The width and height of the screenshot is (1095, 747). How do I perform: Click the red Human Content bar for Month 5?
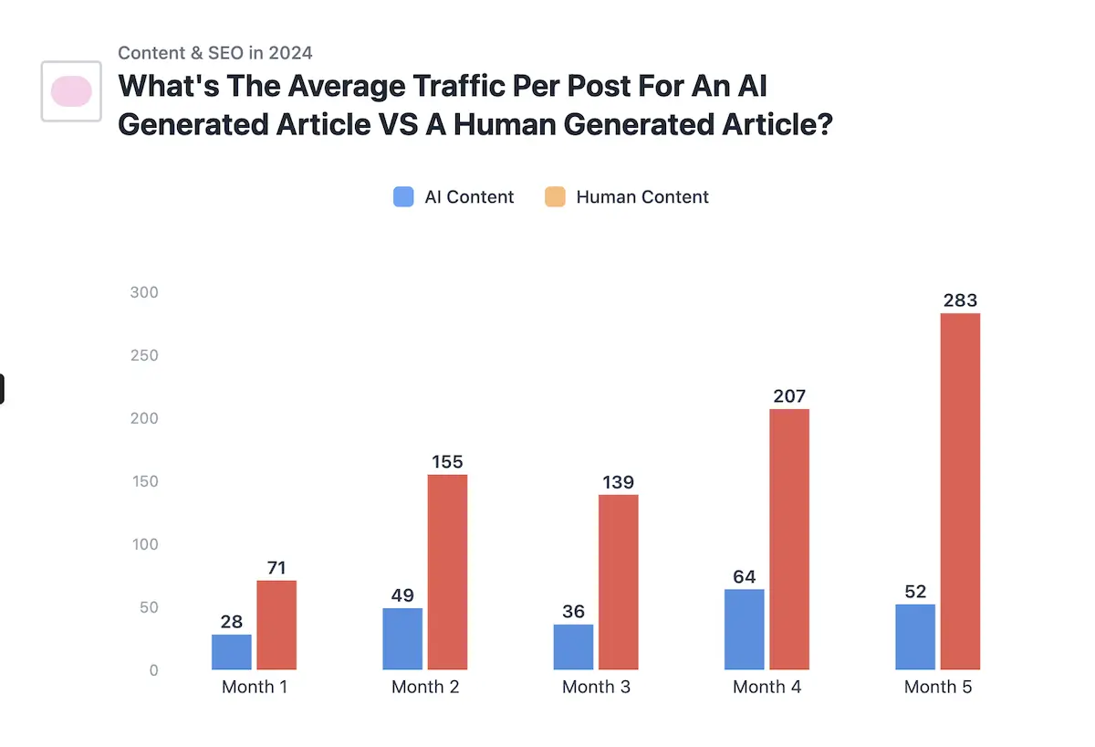[960, 491]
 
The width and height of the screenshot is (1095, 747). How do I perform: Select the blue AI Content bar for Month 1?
[232, 652]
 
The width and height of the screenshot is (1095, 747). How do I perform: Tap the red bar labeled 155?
[447, 572]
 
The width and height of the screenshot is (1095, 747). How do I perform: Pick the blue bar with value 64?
[745, 629]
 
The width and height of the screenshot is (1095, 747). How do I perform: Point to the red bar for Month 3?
[619, 582]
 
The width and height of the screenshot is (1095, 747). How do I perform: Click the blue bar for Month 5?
[915, 637]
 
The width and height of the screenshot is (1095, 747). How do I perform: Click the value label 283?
[960, 300]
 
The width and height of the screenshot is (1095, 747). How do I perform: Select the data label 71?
[276, 568]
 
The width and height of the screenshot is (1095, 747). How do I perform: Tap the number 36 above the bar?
[573, 612]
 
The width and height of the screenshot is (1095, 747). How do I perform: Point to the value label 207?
[788, 396]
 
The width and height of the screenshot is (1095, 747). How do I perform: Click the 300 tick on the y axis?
[143, 292]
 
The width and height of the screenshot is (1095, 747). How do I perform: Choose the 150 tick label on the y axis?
[143, 481]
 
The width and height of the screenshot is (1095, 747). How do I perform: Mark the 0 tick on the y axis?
[153, 670]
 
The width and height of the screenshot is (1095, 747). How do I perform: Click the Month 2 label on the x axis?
[425, 687]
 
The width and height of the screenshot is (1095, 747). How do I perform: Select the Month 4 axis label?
[766, 687]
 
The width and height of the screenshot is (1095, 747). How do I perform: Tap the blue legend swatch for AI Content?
[403, 196]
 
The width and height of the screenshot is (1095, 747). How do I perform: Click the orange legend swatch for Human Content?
[555, 196]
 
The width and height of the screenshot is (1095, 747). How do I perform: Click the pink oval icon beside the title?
[71, 91]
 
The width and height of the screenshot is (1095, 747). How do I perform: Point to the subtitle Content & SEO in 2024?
[215, 53]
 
